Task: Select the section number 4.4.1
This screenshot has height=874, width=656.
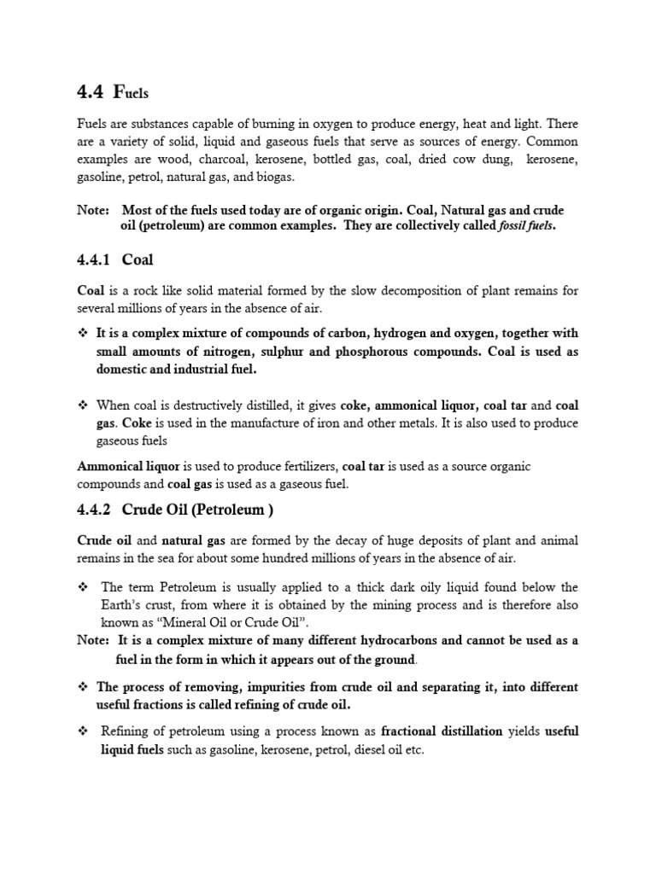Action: tap(94, 259)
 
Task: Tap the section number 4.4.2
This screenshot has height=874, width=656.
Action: tap(94, 510)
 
